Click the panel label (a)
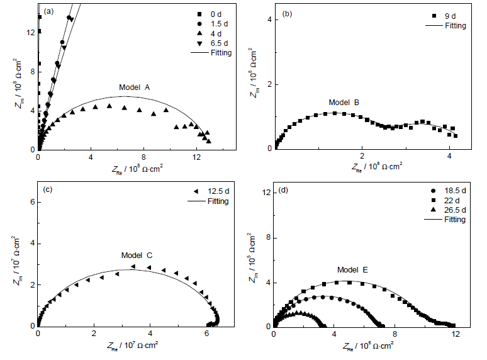click(x=48, y=12)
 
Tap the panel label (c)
click(x=48, y=189)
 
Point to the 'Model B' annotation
click(x=344, y=101)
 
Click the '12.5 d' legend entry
click(x=218, y=191)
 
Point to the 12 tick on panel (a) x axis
click(x=196, y=157)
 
